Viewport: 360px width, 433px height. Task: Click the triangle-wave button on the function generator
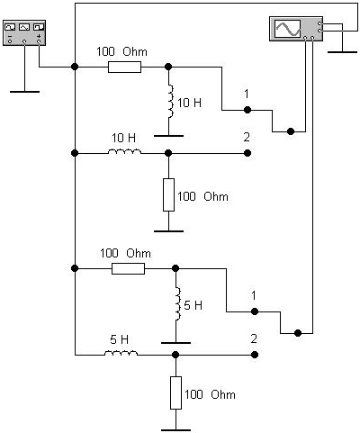(x=24, y=27)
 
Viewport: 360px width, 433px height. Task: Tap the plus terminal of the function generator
(x=39, y=41)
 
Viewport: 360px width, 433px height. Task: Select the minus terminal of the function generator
(x=10, y=41)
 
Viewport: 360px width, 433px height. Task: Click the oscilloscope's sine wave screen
(x=288, y=29)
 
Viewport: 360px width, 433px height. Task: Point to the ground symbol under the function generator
(x=24, y=92)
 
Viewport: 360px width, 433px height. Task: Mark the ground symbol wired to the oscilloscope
(x=342, y=52)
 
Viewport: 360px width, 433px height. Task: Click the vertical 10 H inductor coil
(x=170, y=101)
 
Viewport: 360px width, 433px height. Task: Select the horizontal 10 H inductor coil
(x=124, y=151)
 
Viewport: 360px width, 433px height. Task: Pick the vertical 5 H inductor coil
(x=177, y=303)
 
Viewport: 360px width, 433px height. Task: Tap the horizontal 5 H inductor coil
(x=121, y=353)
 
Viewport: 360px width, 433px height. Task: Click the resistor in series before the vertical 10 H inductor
(x=124, y=67)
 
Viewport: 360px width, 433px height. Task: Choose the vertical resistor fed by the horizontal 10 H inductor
(x=168, y=194)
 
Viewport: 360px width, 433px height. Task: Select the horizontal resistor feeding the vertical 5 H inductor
(x=128, y=268)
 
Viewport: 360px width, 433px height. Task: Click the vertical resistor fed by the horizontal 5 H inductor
(x=175, y=392)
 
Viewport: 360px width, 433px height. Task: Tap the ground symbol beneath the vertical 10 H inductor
(x=168, y=136)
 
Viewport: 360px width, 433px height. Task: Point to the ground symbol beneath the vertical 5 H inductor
(x=175, y=343)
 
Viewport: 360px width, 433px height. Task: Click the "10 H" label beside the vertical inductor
(x=189, y=103)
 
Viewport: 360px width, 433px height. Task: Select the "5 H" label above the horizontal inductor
(x=119, y=339)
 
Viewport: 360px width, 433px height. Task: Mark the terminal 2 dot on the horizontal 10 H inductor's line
(x=247, y=153)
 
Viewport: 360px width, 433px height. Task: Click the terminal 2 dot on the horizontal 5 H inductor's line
(x=255, y=355)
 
